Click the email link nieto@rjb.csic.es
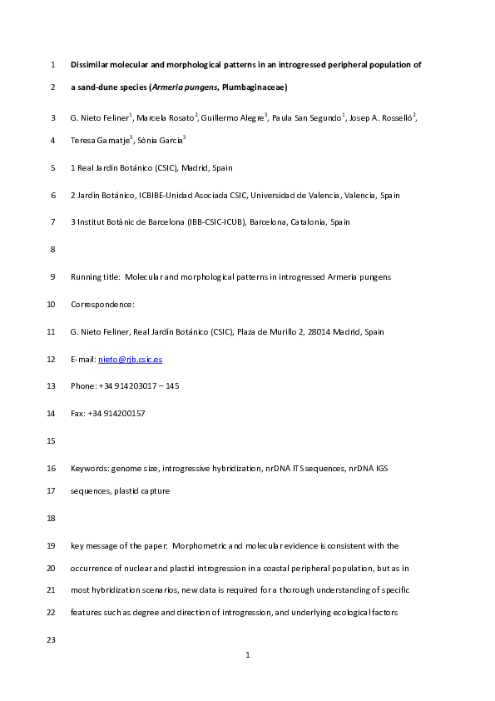(x=130, y=359)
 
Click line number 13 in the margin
(x=52, y=386)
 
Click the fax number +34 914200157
(x=116, y=414)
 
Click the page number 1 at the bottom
(x=248, y=656)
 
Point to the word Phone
(x=83, y=386)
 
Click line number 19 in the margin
(x=52, y=546)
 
